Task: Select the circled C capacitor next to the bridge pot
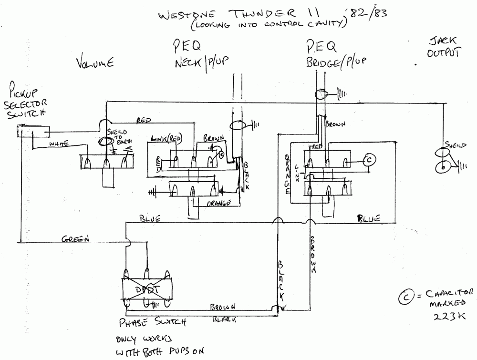(369, 161)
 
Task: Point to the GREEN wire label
(75, 240)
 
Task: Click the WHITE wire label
(60, 144)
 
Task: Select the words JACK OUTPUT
(444, 47)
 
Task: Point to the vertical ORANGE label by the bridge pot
(288, 174)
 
